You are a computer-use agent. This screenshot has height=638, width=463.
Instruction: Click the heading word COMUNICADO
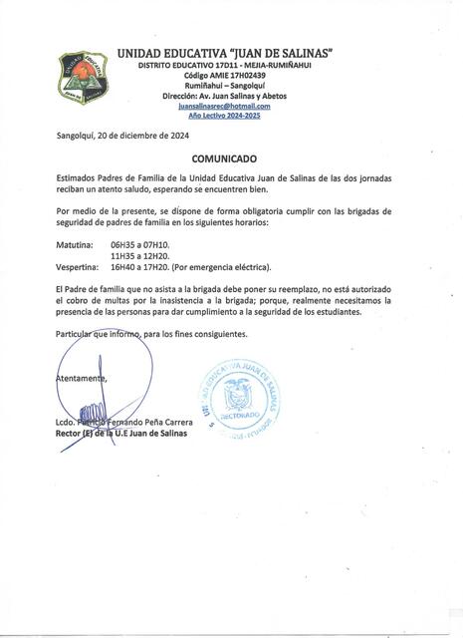coord(232,158)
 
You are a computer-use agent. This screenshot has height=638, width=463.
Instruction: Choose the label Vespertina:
coord(78,267)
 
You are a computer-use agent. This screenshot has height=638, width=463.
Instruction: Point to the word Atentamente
coord(81,377)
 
